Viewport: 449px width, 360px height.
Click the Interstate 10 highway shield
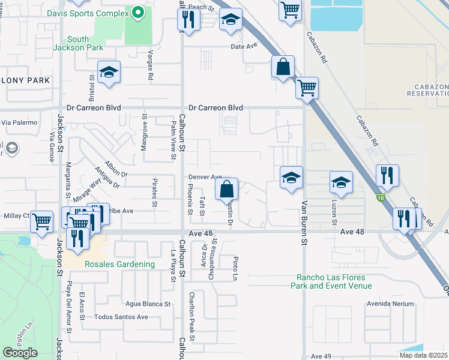(x=381, y=197)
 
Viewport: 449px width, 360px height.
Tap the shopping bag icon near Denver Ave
(x=226, y=190)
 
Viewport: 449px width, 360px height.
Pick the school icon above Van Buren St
(x=291, y=177)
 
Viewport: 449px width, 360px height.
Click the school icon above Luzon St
(x=341, y=181)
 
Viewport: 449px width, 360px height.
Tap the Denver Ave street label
(x=205, y=177)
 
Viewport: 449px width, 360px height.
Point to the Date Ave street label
(x=244, y=46)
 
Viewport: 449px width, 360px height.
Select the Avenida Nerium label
(x=390, y=304)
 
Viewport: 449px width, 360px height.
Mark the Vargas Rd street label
(x=149, y=61)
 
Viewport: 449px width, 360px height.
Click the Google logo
(x=20, y=353)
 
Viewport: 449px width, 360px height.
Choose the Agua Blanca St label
(x=148, y=304)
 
